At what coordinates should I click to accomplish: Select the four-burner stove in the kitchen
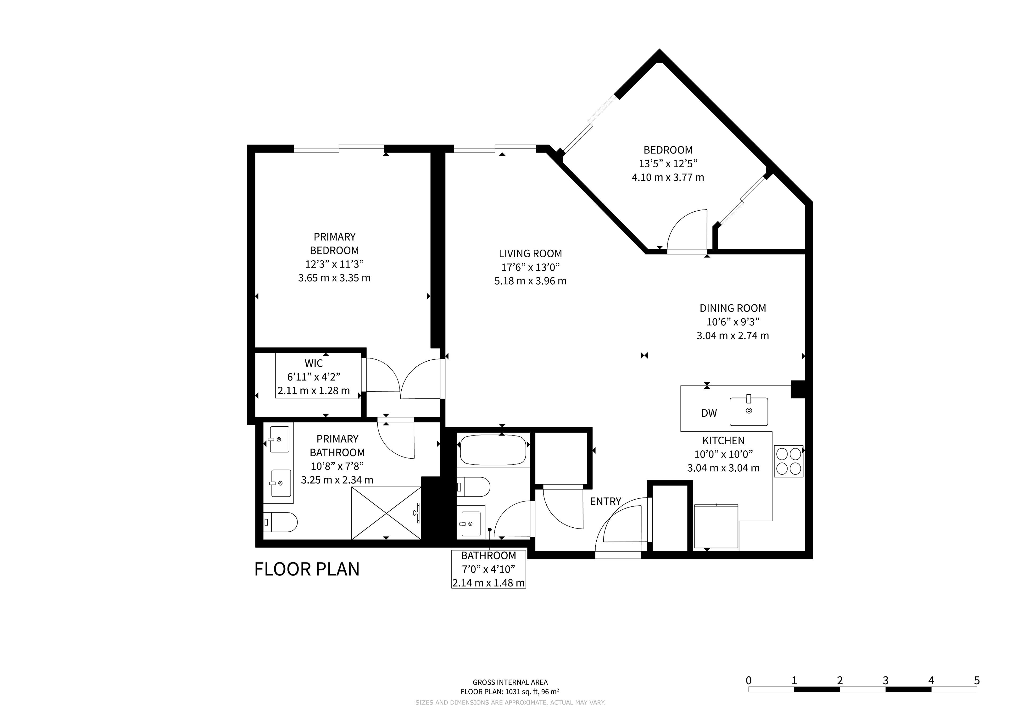pos(789,461)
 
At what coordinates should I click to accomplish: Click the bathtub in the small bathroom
pos(493,450)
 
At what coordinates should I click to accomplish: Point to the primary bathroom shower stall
pos(386,513)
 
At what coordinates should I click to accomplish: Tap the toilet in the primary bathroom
pos(280,522)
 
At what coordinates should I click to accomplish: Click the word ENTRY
pos(606,502)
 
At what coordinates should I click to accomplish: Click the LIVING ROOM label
pos(530,254)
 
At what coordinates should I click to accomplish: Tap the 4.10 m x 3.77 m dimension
pos(668,177)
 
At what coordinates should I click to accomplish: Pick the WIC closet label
pos(314,363)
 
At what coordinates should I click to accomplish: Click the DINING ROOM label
pos(733,308)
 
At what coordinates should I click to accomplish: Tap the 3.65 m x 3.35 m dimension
pos(334,278)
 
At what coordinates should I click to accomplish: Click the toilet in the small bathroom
pos(474,487)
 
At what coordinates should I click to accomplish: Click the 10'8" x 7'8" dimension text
pos(337,466)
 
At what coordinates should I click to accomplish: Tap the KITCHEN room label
pos(723,441)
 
